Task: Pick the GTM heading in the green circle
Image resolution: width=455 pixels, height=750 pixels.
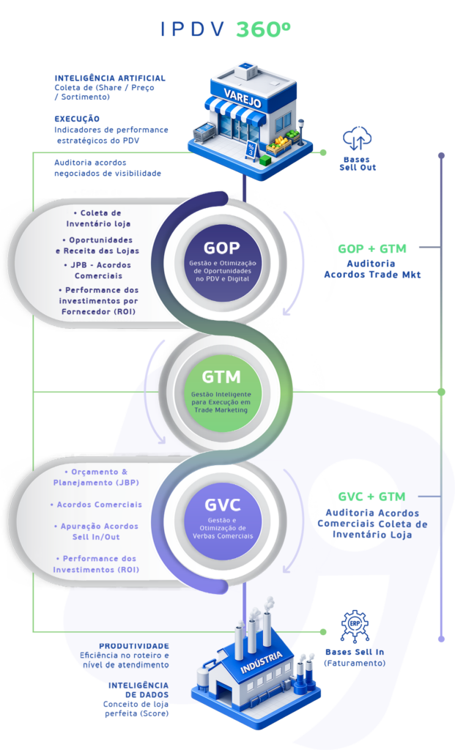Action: [x=221, y=377]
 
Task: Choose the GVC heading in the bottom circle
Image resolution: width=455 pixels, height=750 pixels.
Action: [x=222, y=504]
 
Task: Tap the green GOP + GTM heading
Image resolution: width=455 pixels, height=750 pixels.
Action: [x=372, y=248]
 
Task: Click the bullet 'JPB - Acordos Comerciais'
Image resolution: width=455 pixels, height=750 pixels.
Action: [x=97, y=270]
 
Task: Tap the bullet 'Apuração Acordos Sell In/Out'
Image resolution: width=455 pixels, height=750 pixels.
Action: [x=96, y=531]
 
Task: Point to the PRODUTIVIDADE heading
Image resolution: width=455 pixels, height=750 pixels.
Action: [x=134, y=646]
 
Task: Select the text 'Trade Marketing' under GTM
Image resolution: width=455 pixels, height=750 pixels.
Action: [x=221, y=410]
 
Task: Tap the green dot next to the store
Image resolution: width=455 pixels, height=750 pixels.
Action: [x=322, y=152]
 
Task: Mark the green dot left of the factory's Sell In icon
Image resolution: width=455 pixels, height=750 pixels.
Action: [x=322, y=631]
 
